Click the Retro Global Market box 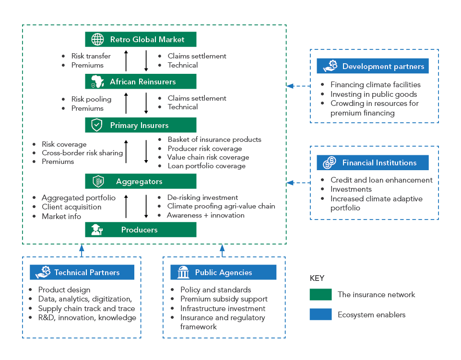pyautogui.click(x=141, y=39)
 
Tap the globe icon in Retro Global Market pyautogui.click(x=97, y=39)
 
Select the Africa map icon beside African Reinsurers pyautogui.click(x=97, y=81)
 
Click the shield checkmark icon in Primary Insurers pyautogui.click(x=97, y=125)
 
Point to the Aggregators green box pyautogui.click(x=141, y=181)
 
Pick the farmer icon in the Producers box pyautogui.click(x=97, y=230)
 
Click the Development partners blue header pyautogui.click(x=373, y=66)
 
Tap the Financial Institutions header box pyautogui.click(x=373, y=163)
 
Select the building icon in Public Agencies pyautogui.click(x=183, y=272)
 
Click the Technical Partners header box pyautogui.click(x=82, y=272)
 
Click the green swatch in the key pyautogui.click(x=320, y=294)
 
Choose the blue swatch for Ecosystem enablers pyautogui.click(x=320, y=314)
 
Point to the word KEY pyautogui.click(x=317, y=278)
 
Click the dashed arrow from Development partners pyautogui.click(x=298, y=86)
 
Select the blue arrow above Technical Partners pyautogui.click(x=82, y=250)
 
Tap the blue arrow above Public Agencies pyautogui.click(x=222, y=250)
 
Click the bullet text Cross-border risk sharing pyautogui.click(x=82, y=153)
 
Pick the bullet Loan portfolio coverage pyautogui.click(x=206, y=166)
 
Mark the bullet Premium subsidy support pyautogui.click(x=224, y=299)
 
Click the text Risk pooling pyautogui.click(x=91, y=99)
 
